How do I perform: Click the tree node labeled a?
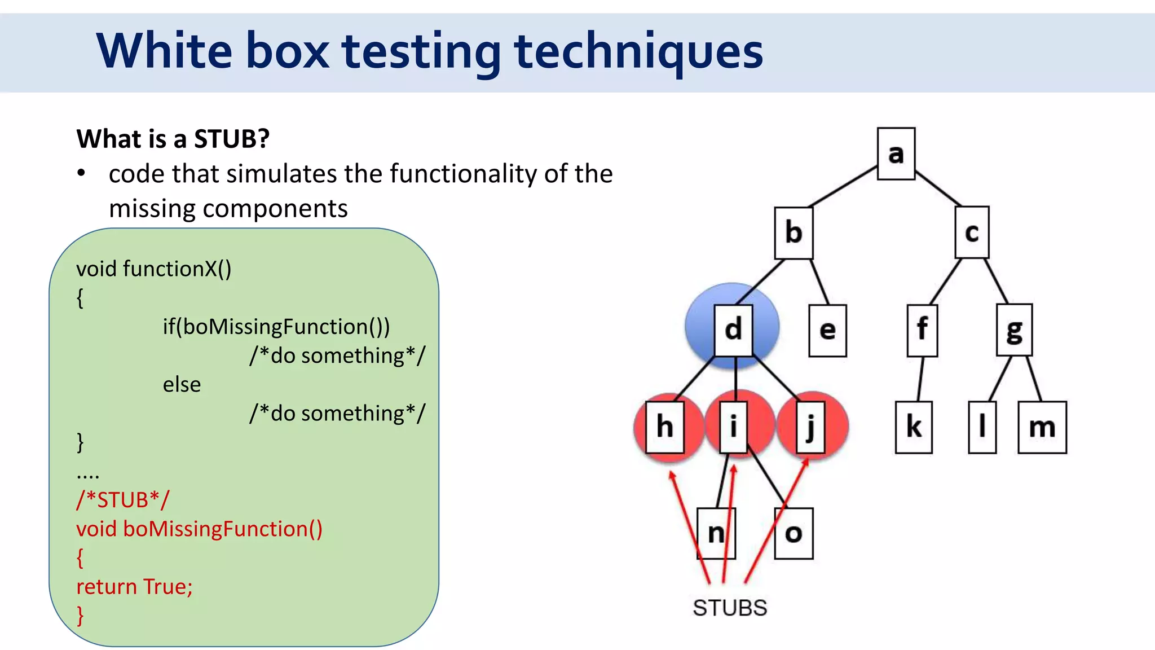click(896, 153)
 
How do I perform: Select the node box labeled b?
click(793, 232)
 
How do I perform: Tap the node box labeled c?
click(972, 232)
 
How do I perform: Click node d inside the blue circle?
click(733, 330)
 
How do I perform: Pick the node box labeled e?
click(827, 331)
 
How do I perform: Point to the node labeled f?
click(922, 330)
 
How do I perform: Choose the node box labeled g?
click(1014, 330)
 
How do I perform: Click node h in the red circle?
click(665, 427)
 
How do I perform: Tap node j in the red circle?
click(811, 427)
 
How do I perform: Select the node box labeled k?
click(914, 427)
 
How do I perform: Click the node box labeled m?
click(1042, 427)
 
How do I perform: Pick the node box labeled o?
click(793, 533)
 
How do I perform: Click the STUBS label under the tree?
click(730, 608)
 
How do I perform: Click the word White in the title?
click(164, 51)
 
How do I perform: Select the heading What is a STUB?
click(173, 139)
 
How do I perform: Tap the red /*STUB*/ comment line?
click(123, 500)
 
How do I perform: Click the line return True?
click(134, 587)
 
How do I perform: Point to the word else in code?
click(182, 385)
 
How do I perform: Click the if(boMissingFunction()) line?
click(276, 327)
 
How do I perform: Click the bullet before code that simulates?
click(82, 173)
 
